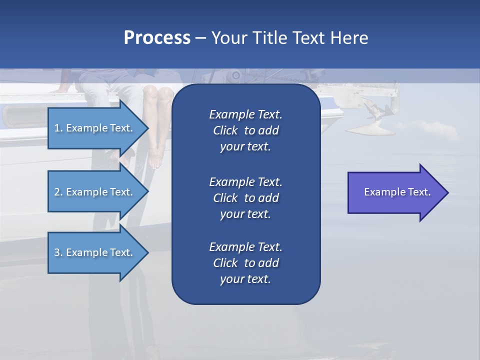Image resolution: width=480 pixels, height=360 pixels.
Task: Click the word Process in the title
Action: (x=157, y=38)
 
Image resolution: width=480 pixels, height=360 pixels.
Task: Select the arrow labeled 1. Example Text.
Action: (x=95, y=128)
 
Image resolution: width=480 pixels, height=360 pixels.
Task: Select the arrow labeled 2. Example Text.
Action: (x=95, y=192)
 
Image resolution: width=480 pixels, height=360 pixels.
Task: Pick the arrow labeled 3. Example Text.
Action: (x=95, y=252)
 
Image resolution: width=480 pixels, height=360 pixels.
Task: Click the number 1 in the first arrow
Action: (x=57, y=128)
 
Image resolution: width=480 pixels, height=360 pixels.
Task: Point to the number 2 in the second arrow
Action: (x=57, y=192)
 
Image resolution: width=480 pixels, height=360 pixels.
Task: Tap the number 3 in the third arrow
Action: (x=57, y=252)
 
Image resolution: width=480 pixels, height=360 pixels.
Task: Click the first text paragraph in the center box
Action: (x=245, y=130)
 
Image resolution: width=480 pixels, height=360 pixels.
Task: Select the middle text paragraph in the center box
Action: (x=245, y=198)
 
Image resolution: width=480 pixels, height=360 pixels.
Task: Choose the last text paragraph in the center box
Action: (x=245, y=263)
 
